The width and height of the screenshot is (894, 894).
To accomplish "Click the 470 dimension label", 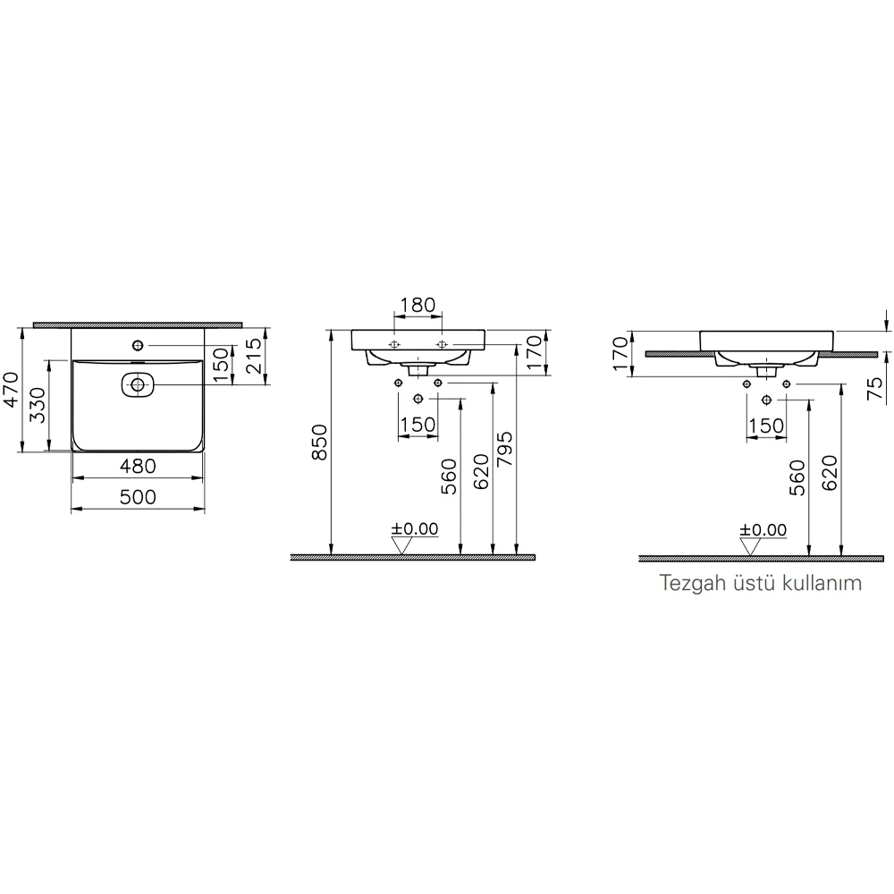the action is pyautogui.click(x=11, y=390).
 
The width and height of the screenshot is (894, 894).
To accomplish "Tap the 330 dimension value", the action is pyautogui.click(x=38, y=405).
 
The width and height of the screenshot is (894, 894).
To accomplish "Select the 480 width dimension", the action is pyautogui.click(x=138, y=467).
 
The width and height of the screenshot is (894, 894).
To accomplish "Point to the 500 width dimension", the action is pyautogui.click(x=138, y=497).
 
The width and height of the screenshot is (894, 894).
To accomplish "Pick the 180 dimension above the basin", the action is pyautogui.click(x=417, y=305).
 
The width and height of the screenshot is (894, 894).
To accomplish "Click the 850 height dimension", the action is pyautogui.click(x=320, y=442).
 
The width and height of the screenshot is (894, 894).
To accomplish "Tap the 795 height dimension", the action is pyautogui.click(x=505, y=449).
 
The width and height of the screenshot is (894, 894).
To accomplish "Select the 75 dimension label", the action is pyautogui.click(x=874, y=388).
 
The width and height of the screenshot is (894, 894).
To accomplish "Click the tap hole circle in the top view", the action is pyautogui.click(x=138, y=345).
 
